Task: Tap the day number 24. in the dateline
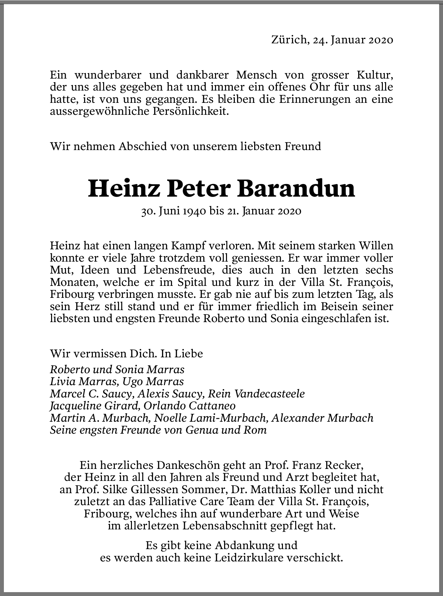(x=320, y=40)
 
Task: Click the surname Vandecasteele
(x=269, y=394)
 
